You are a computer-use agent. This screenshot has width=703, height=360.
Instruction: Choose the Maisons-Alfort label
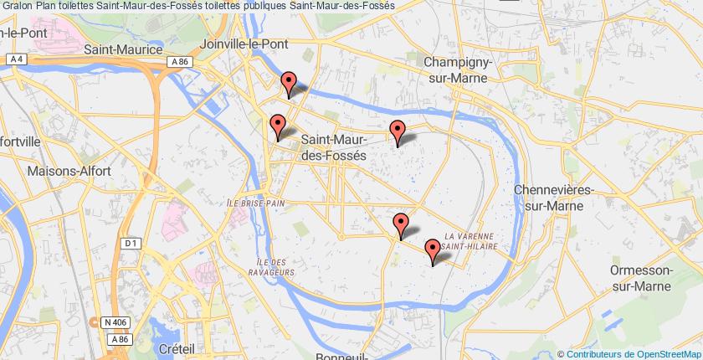pyautogui.click(x=68, y=171)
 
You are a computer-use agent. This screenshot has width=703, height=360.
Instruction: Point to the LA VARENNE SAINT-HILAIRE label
pyautogui.click(x=472, y=241)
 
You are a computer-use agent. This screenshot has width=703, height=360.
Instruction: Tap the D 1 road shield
pyautogui.click(x=129, y=244)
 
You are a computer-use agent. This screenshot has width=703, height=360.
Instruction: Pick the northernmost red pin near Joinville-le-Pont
pyautogui.click(x=289, y=83)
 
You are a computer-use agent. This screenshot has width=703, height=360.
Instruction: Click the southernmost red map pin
pyautogui.click(x=433, y=249)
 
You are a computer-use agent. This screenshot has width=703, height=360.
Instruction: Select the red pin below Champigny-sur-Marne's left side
pyautogui.click(x=398, y=131)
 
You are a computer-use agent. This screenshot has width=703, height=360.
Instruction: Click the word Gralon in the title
pyautogui.click(x=17, y=7)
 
